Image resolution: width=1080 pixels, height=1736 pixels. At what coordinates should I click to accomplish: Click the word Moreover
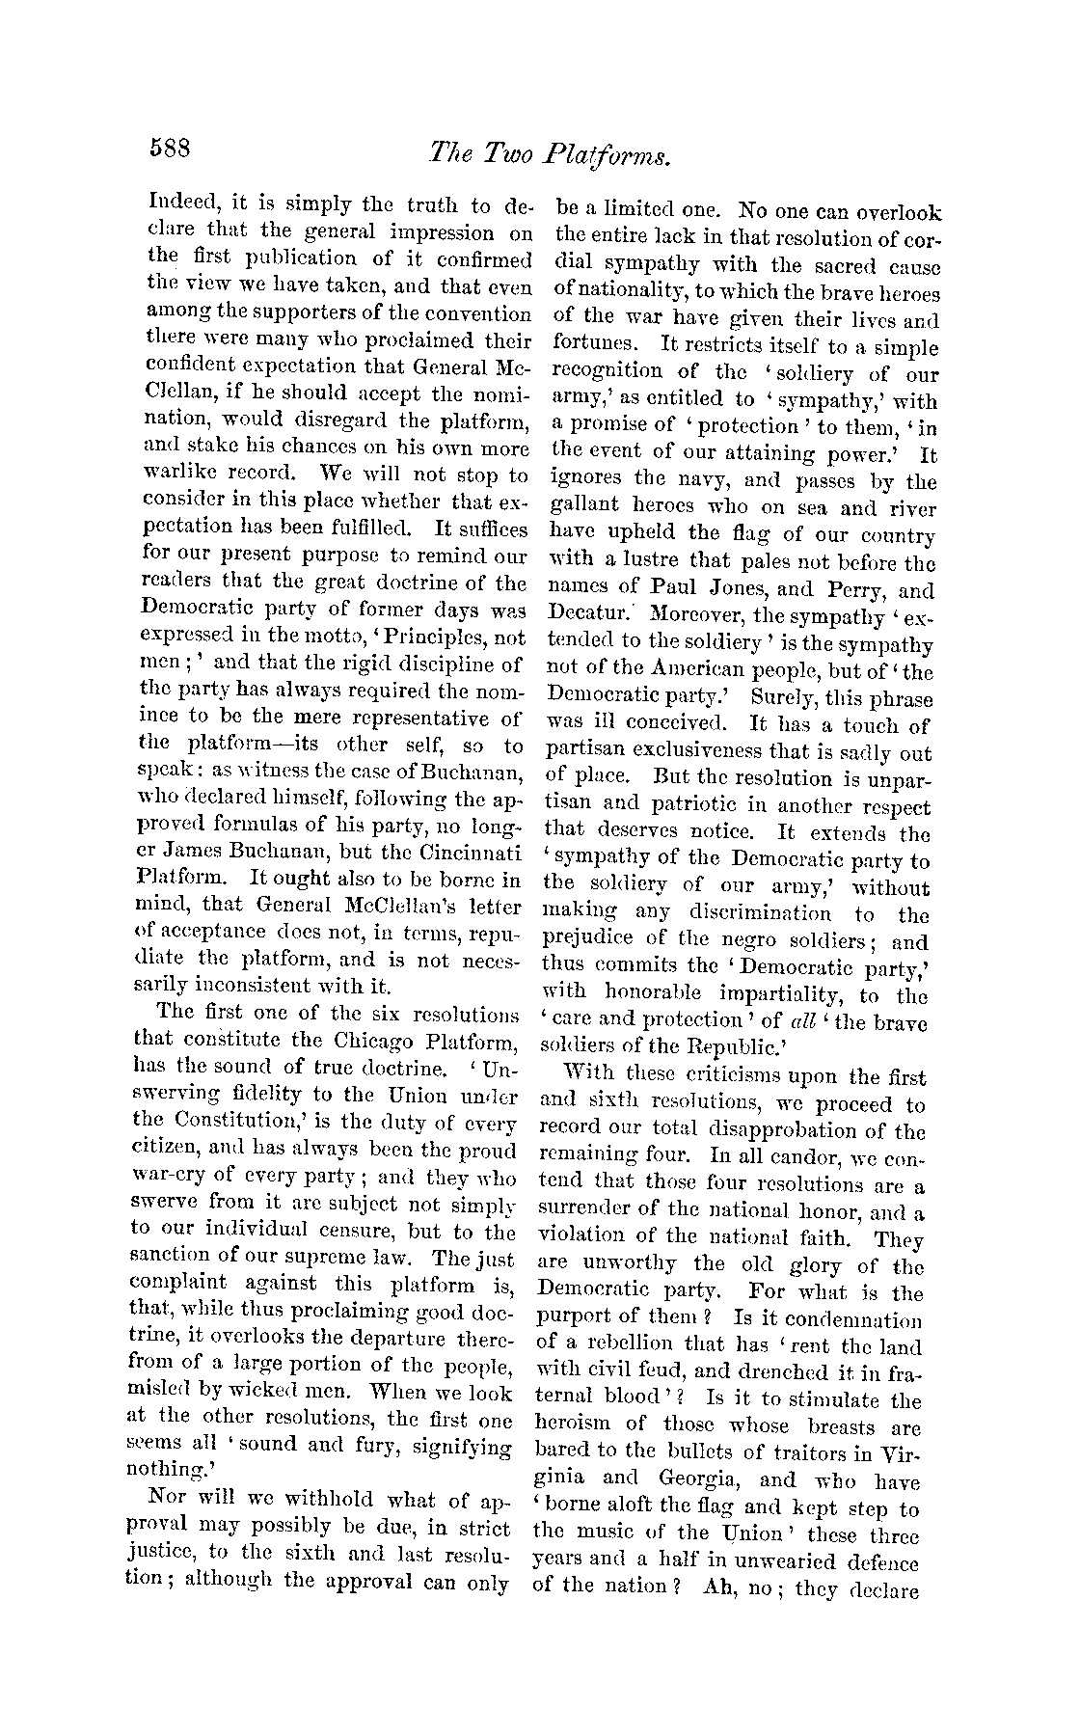pyautogui.click(x=693, y=614)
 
